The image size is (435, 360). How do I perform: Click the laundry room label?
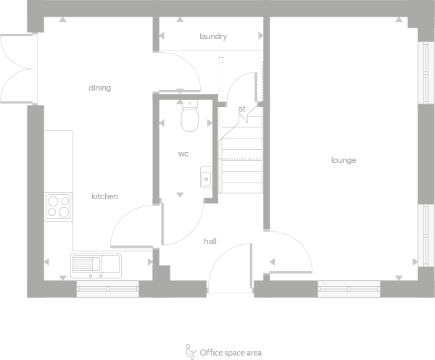click(x=213, y=36)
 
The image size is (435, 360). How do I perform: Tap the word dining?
click(x=100, y=88)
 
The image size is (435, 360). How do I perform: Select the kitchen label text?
click(x=104, y=196)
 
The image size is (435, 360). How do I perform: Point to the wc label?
click(x=183, y=154)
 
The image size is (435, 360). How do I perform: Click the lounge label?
click(x=344, y=160)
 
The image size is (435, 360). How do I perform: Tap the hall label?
click(x=210, y=241)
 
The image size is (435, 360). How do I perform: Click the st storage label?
click(x=242, y=109)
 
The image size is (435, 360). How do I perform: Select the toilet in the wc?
click(x=190, y=117)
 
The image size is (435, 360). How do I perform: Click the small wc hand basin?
click(x=206, y=176)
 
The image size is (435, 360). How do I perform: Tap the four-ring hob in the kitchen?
click(x=58, y=206)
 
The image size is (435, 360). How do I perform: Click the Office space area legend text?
click(x=231, y=353)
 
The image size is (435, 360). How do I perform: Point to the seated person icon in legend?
click(x=191, y=351)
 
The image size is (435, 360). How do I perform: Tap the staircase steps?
click(x=240, y=163)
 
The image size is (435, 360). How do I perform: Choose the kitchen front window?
click(x=107, y=290)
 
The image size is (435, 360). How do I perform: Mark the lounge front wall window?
click(x=349, y=289)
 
